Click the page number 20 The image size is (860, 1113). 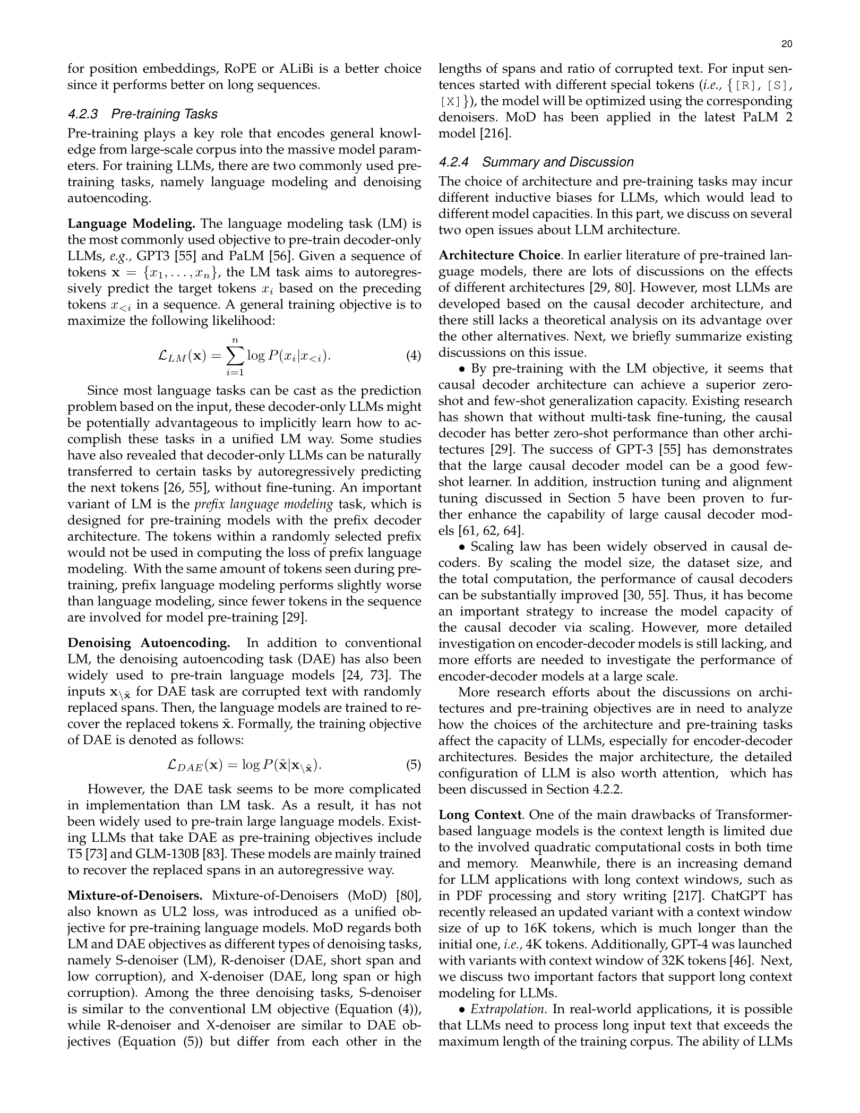pyautogui.click(x=787, y=45)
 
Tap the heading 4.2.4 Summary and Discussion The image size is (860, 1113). pyautogui.click(x=536, y=162)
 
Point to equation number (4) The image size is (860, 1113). pyautogui.click(x=413, y=356)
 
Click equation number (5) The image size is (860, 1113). pyautogui.click(x=413, y=765)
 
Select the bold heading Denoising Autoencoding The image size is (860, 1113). pyautogui.click(x=149, y=643)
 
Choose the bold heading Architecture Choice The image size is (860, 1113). pyautogui.click(x=500, y=255)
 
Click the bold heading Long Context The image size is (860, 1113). pyautogui.click(x=481, y=815)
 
